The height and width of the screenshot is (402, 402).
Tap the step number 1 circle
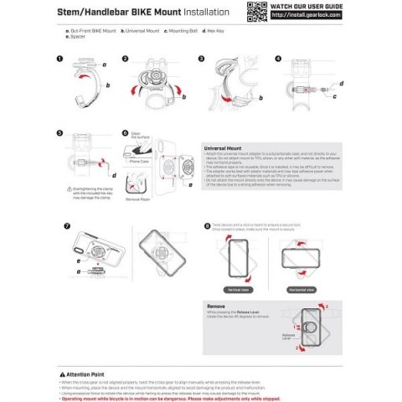click(59, 59)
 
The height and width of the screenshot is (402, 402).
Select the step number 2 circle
click(126, 59)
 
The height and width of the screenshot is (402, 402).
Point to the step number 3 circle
click(202, 59)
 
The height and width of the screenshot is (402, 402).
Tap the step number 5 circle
click(59, 133)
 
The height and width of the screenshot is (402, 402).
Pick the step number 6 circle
click(126, 133)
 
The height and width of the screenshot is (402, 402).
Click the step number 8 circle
click(208, 226)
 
